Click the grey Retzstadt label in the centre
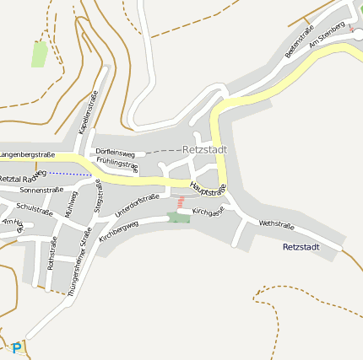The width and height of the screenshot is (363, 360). tap(204, 150)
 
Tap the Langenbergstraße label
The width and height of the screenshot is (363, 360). tap(28, 155)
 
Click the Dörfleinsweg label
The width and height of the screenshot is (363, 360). tap(115, 153)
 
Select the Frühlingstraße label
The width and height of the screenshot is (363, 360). tap(117, 164)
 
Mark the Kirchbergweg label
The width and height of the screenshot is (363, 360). tap(118, 232)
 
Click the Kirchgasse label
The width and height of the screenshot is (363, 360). tap(208, 210)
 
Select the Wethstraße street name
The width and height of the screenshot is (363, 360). tap(276, 225)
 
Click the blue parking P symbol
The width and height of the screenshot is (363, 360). tap(17, 347)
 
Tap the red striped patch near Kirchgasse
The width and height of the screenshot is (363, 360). tap(180, 202)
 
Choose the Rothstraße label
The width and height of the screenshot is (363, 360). tap(52, 252)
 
